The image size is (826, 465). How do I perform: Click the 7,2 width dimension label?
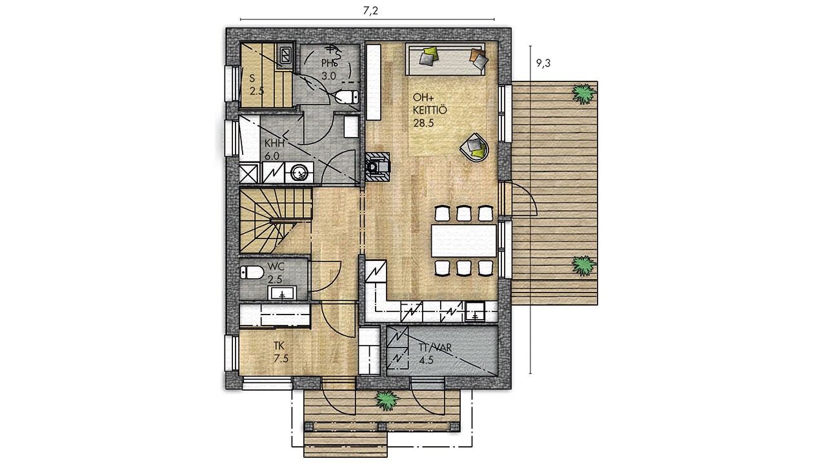(370, 11)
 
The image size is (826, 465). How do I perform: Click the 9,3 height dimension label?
(543, 63)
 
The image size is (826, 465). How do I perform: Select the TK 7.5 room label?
(281, 352)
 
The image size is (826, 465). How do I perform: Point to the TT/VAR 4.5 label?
(435, 353)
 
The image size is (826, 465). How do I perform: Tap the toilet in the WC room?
(252, 273)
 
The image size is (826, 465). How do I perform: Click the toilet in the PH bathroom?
(347, 97)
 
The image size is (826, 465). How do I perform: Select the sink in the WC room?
(283, 293)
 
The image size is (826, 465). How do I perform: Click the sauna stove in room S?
(285, 56)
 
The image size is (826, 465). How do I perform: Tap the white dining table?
(464, 241)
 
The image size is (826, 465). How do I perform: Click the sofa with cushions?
(445, 59)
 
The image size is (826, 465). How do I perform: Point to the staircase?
(276, 221)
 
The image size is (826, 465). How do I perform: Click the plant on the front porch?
(387, 401)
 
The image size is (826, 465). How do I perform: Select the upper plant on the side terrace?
(584, 94)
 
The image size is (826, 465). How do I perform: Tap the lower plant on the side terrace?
(584, 265)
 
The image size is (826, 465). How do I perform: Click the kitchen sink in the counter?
(475, 311)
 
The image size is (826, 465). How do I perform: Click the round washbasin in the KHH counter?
(299, 172)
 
